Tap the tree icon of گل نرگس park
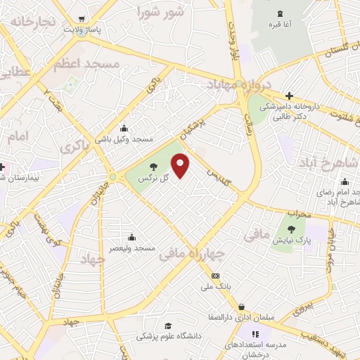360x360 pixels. coord(153,167)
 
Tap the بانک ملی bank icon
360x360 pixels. coord(215,276)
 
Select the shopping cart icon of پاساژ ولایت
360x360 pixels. coord(82,19)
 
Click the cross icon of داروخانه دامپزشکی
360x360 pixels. coord(289,96)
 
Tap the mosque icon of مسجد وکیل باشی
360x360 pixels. coord(124,128)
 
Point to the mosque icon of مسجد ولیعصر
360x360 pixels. coord(131,237)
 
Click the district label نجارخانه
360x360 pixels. coord(31,21)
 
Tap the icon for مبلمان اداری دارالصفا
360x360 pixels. coord(242,307)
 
